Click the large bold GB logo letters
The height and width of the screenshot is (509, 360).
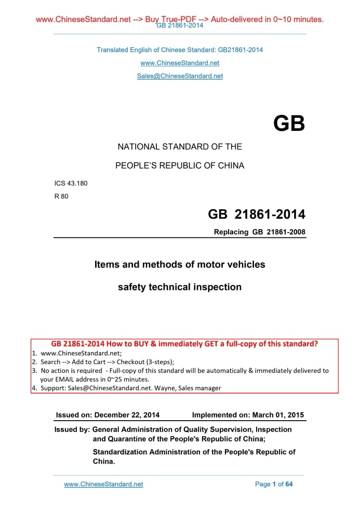click(x=289, y=124)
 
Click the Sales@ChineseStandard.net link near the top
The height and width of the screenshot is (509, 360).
click(x=180, y=76)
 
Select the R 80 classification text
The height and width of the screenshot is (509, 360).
click(x=61, y=196)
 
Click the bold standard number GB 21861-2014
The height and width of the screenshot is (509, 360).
click(x=256, y=214)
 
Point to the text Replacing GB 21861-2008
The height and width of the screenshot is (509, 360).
click(x=260, y=232)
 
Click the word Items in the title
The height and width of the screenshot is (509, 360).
click(x=105, y=264)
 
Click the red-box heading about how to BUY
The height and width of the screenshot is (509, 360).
click(x=184, y=344)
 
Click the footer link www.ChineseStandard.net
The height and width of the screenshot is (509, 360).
click(x=103, y=484)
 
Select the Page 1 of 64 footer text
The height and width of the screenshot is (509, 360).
click(x=274, y=484)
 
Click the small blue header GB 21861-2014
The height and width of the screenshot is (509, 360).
click(x=180, y=25)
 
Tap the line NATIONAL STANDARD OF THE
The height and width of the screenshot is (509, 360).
click(x=180, y=147)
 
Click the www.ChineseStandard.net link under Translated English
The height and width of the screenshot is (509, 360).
click(x=180, y=63)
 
